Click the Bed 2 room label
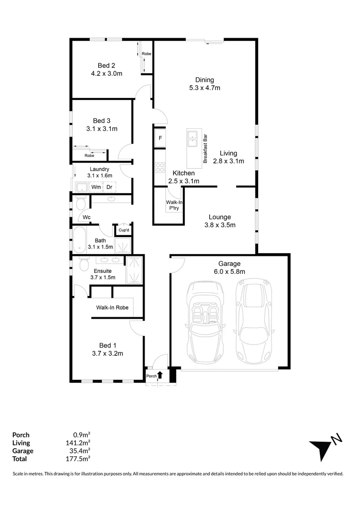point(106,66)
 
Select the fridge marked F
point(160,138)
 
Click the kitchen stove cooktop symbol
point(160,167)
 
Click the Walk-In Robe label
point(112,307)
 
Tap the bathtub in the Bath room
point(79,240)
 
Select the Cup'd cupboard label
point(124,230)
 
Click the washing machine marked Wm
point(96,187)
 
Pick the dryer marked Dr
point(109,187)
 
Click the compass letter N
point(336,439)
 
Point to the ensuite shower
point(135,270)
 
